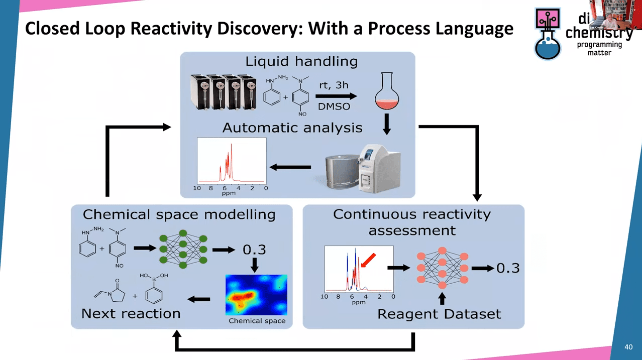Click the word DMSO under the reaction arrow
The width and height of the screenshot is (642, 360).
click(334, 107)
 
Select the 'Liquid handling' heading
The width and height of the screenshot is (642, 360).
click(301, 62)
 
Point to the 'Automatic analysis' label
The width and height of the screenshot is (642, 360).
click(292, 128)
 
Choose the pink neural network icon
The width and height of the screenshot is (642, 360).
click(442, 268)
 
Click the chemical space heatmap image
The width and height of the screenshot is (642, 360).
click(256, 295)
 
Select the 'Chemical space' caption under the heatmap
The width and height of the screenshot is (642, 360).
click(257, 321)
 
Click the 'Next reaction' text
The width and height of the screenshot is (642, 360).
click(131, 314)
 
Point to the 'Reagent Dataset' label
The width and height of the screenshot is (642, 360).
click(439, 315)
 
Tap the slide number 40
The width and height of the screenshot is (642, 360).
click(628, 347)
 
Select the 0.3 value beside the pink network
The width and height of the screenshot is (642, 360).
click(507, 268)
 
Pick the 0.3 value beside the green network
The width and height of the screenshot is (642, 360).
click(254, 250)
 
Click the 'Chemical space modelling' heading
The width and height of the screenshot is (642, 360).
click(179, 215)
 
